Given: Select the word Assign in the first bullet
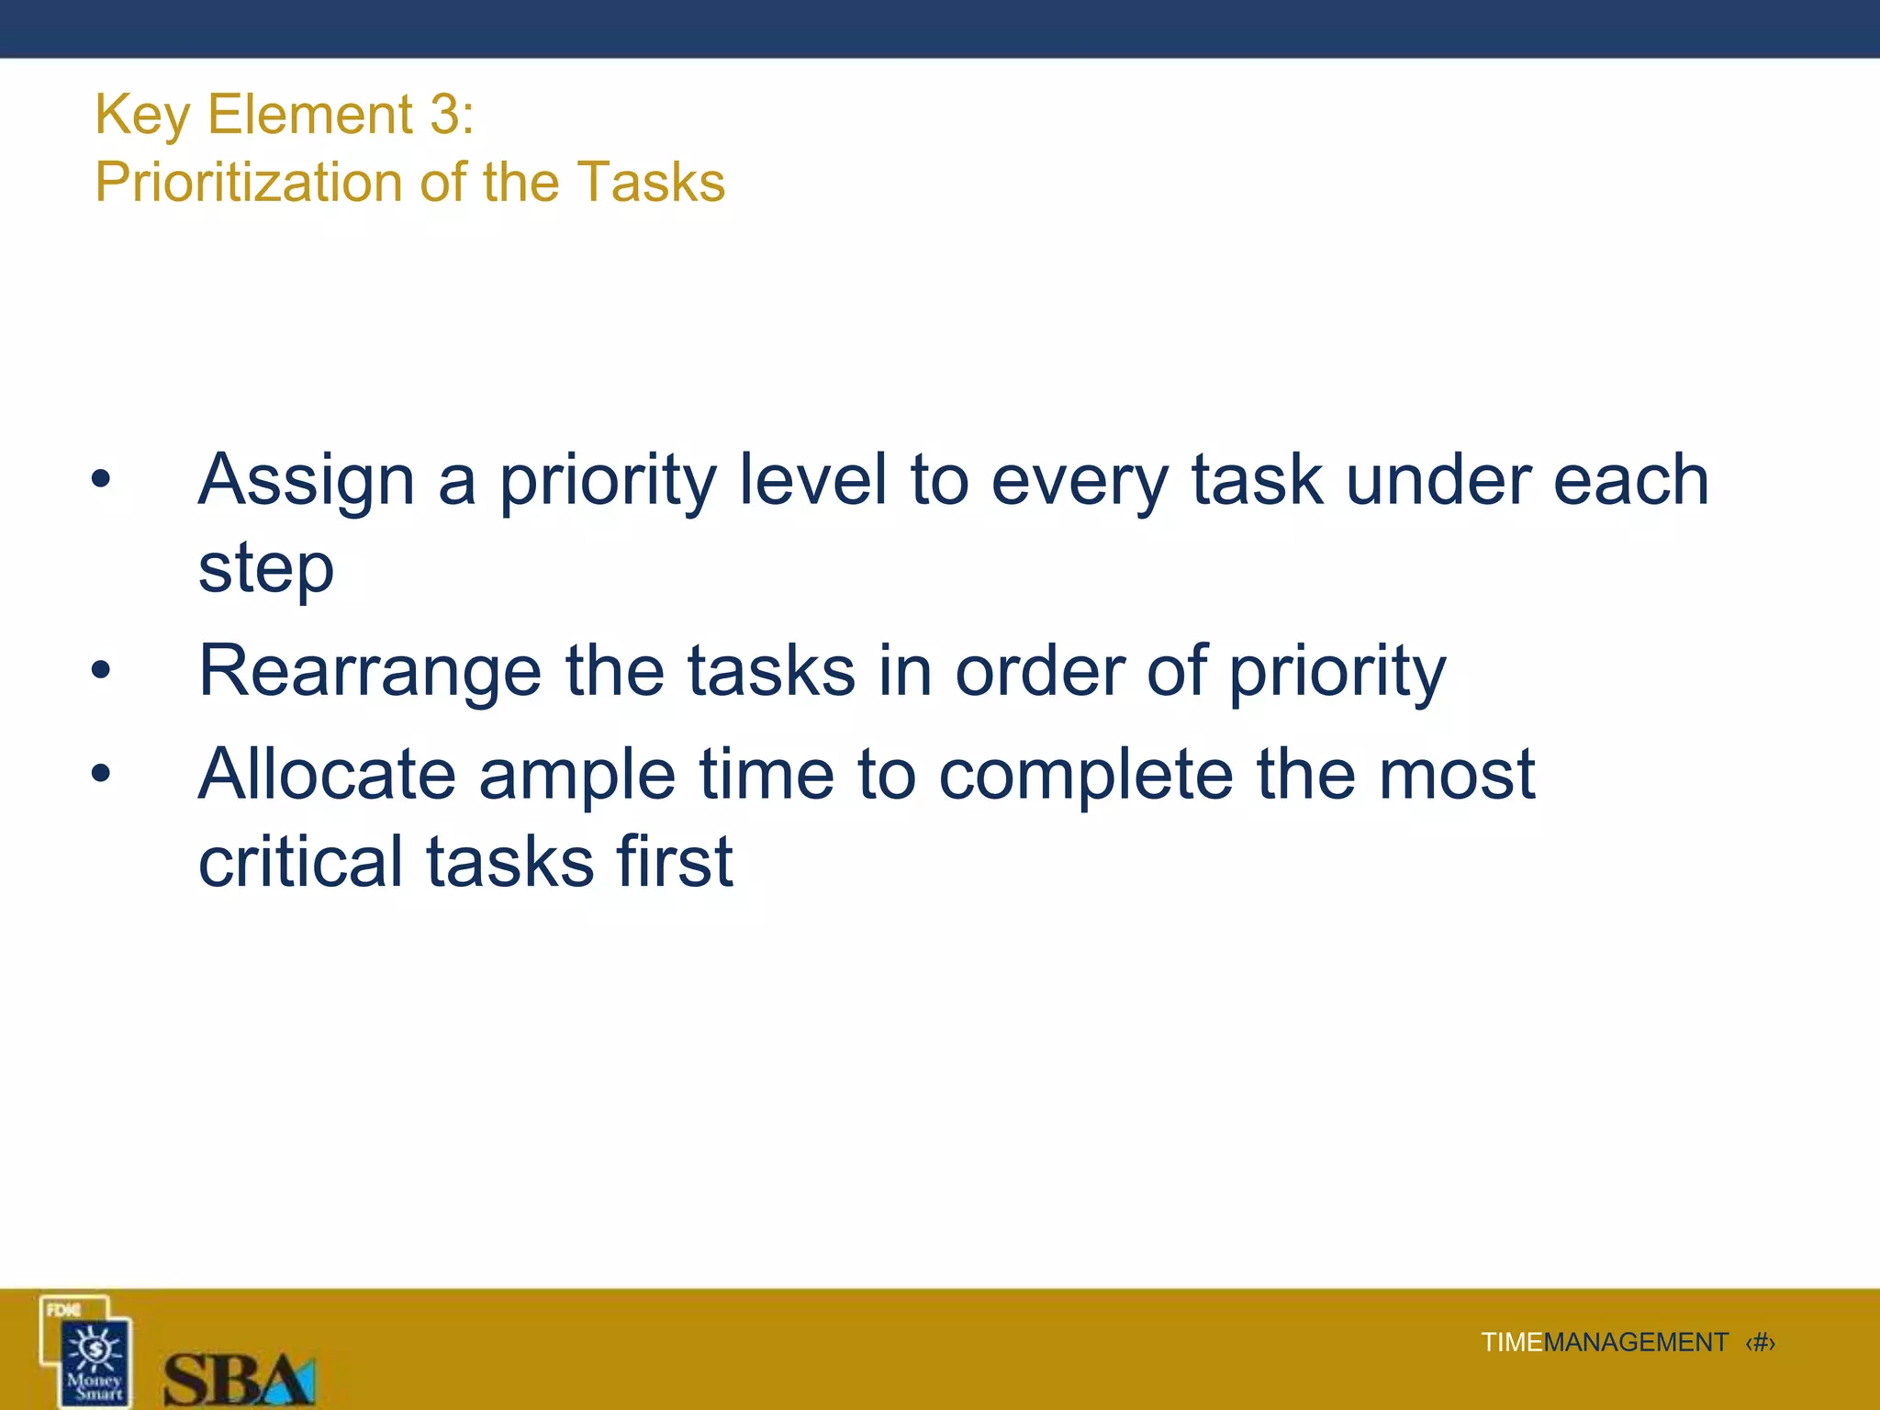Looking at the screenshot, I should tap(307, 481).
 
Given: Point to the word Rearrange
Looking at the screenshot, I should tap(370, 672).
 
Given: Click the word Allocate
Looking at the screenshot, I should tap(327, 775).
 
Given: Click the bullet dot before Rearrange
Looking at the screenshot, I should tap(101, 671).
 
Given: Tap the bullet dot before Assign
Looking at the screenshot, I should tap(101, 479).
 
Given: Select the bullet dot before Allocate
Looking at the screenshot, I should tap(101, 774).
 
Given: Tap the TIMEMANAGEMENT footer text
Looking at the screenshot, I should tap(1604, 1343).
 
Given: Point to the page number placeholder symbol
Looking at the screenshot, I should tap(1760, 1343).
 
